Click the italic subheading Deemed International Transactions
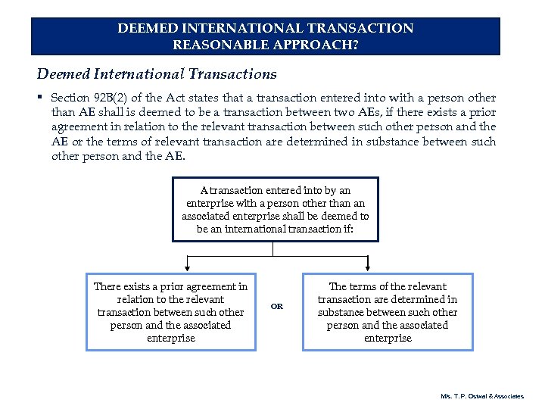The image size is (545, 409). coord(157,74)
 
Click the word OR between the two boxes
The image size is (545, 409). coord(277,307)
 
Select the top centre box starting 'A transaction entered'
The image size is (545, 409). coord(275,209)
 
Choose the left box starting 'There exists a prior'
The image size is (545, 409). coord(170,312)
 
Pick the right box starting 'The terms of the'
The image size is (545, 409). coord(387,312)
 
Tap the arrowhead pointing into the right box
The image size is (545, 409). coord(368,267)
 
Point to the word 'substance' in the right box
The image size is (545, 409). coord(343,312)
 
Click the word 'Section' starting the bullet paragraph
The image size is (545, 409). coord(69,98)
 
